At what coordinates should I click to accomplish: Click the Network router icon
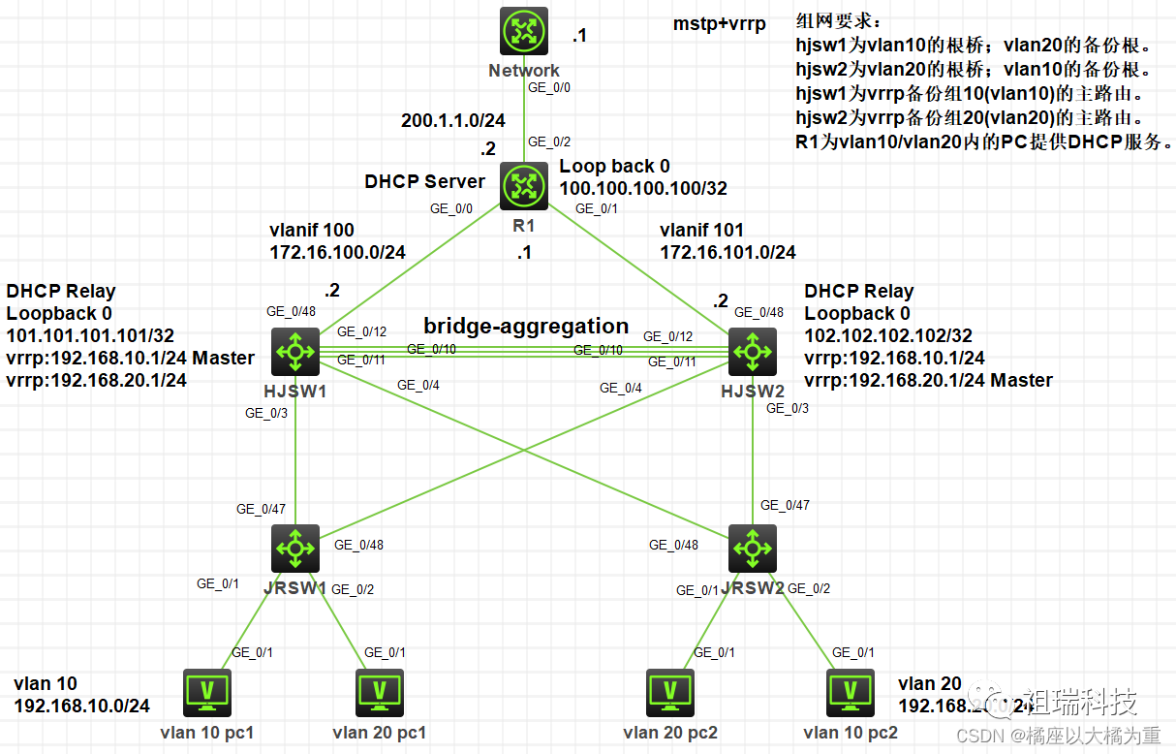click(524, 32)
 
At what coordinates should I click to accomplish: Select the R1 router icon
click(524, 186)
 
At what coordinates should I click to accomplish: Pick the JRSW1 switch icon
click(295, 549)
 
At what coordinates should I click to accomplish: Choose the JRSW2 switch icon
click(753, 549)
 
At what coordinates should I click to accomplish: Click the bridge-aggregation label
click(526, 326)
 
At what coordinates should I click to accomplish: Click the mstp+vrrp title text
click(719, 24)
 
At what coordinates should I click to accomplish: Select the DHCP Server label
click(424, 181)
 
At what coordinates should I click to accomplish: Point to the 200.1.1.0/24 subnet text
click(453, 121)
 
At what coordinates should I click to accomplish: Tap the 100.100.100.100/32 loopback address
click(643, 188)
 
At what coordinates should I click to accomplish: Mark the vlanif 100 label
click(311, 231)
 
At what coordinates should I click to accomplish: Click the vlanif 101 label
click(701, 231)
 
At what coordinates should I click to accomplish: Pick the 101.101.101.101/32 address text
click(90, 335)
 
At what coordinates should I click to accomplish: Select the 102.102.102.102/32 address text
click(888, 335)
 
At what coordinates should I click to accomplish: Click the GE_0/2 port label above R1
click(548, 141)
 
